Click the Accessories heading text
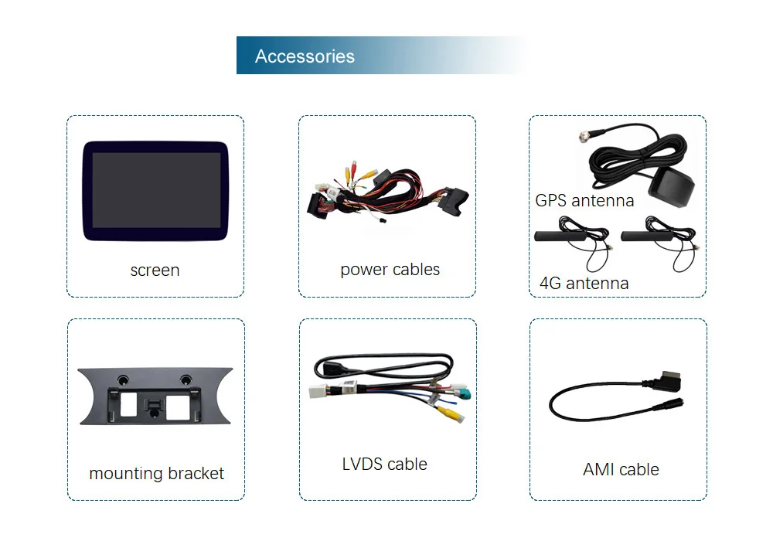click(305, 56)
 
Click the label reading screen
click(155, 270)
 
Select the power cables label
click(390, 270)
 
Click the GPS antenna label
click(584, 201)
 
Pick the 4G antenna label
click(584, 283)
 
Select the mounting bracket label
click(156, 473)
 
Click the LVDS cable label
click(384, 464)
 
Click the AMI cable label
click(621, 469)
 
